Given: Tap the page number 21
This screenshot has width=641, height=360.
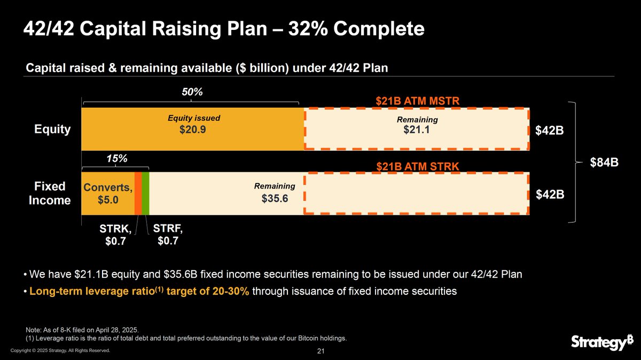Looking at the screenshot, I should (x=321, y=351).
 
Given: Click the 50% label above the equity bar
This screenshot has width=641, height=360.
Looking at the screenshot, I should (x=192, y=92).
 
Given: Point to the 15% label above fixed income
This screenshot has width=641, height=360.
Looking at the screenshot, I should (x=116, y=159).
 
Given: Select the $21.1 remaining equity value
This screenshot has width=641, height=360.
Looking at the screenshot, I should (x=417, y=130).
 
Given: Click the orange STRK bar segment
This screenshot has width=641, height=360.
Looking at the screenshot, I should (x=138, y=193).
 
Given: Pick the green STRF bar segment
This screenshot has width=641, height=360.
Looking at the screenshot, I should (x=145, y=193).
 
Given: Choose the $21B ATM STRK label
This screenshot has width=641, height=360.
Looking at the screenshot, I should (x=417, y=167).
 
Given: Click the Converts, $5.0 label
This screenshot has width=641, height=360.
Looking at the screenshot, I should (x=107, y=193).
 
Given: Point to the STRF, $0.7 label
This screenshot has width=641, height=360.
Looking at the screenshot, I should (x=168, y=234).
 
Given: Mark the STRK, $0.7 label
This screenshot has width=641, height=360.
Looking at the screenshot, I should (x=115, y=235).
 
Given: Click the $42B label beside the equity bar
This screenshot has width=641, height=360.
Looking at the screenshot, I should (x=550, y=131).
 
